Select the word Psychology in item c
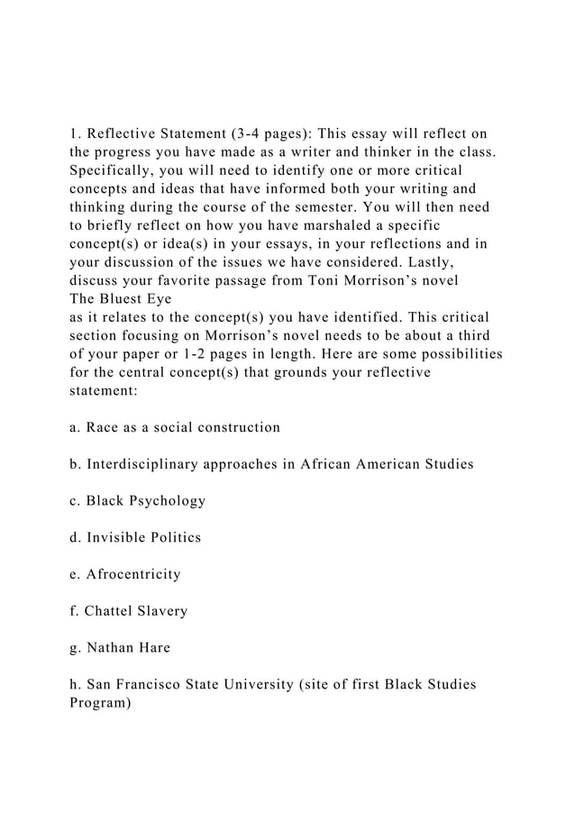click(x=170, y=501)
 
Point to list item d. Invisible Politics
click(x=135, y=538)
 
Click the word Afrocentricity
click(x=133, y=575)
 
